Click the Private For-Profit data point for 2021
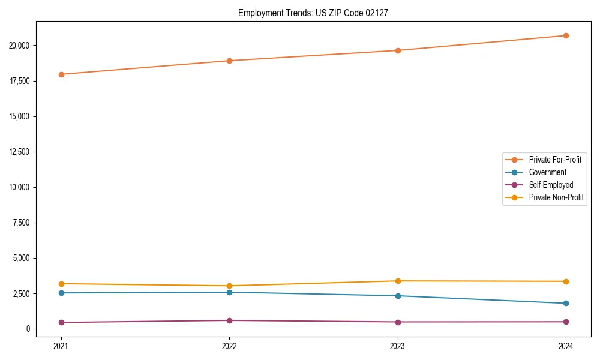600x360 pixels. pyautogui.click(x=61, y=74)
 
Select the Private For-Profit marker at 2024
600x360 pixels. pyautogui.click(x=566, y=35)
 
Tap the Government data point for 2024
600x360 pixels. pyautogui.click(x=566, y=303)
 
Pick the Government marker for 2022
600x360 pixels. pyautogui.click(x=229, y=292)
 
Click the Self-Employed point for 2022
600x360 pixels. pyautogui.click(x=229, y=320)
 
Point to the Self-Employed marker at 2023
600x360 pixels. pyautogui.click(x=398, y=322)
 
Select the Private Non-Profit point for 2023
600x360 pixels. pyautogui.click(x=398, y=281)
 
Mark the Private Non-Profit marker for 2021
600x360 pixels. pyautogui.click(x=61, y=284)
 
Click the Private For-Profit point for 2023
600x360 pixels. pyautogui.click(x=398, y=50)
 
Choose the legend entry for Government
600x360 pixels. pyautogui.click(x=547, y=172)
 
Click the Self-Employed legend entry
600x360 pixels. pyautogui.click(x=551, y=185)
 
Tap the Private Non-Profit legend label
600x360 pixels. pyautogui.click(x=556, y=197)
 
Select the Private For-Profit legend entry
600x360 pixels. pyautogui.click(x=555, y=160)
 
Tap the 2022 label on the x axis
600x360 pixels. pyautogui.click(x=229, y=346)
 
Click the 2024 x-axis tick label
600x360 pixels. pyautogui.click(x=566, y=346)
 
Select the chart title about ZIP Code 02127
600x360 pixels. pyautogui.click(x=313, y=13)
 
